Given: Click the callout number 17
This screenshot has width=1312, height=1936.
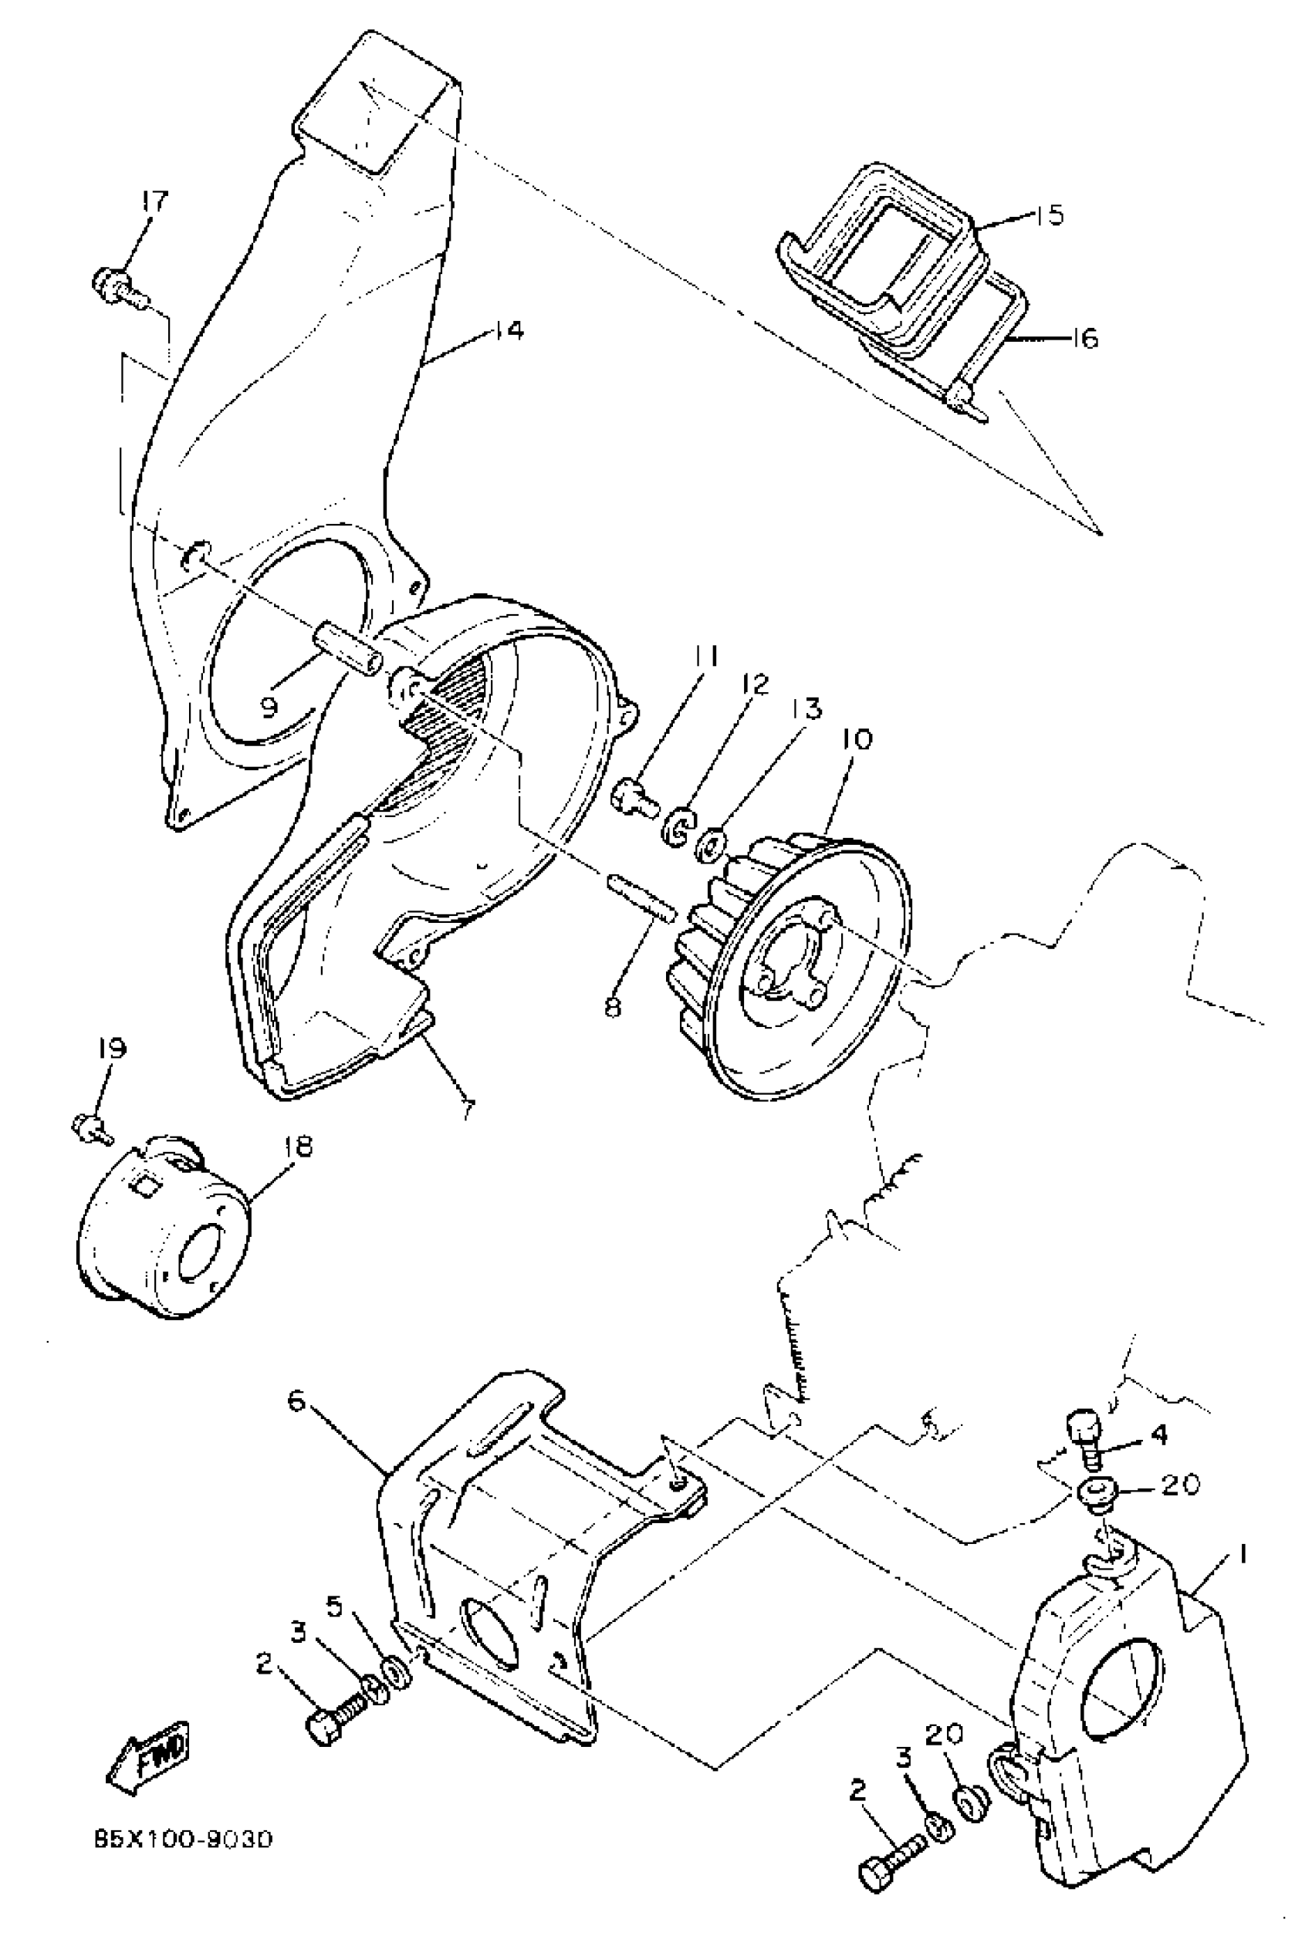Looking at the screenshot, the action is pos(154,201).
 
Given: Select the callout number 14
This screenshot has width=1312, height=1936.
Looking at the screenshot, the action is pos(506,331).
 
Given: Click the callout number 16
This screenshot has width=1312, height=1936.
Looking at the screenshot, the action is pos(1082,339).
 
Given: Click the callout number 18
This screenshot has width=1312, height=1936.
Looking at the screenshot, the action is pos(296,1147).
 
